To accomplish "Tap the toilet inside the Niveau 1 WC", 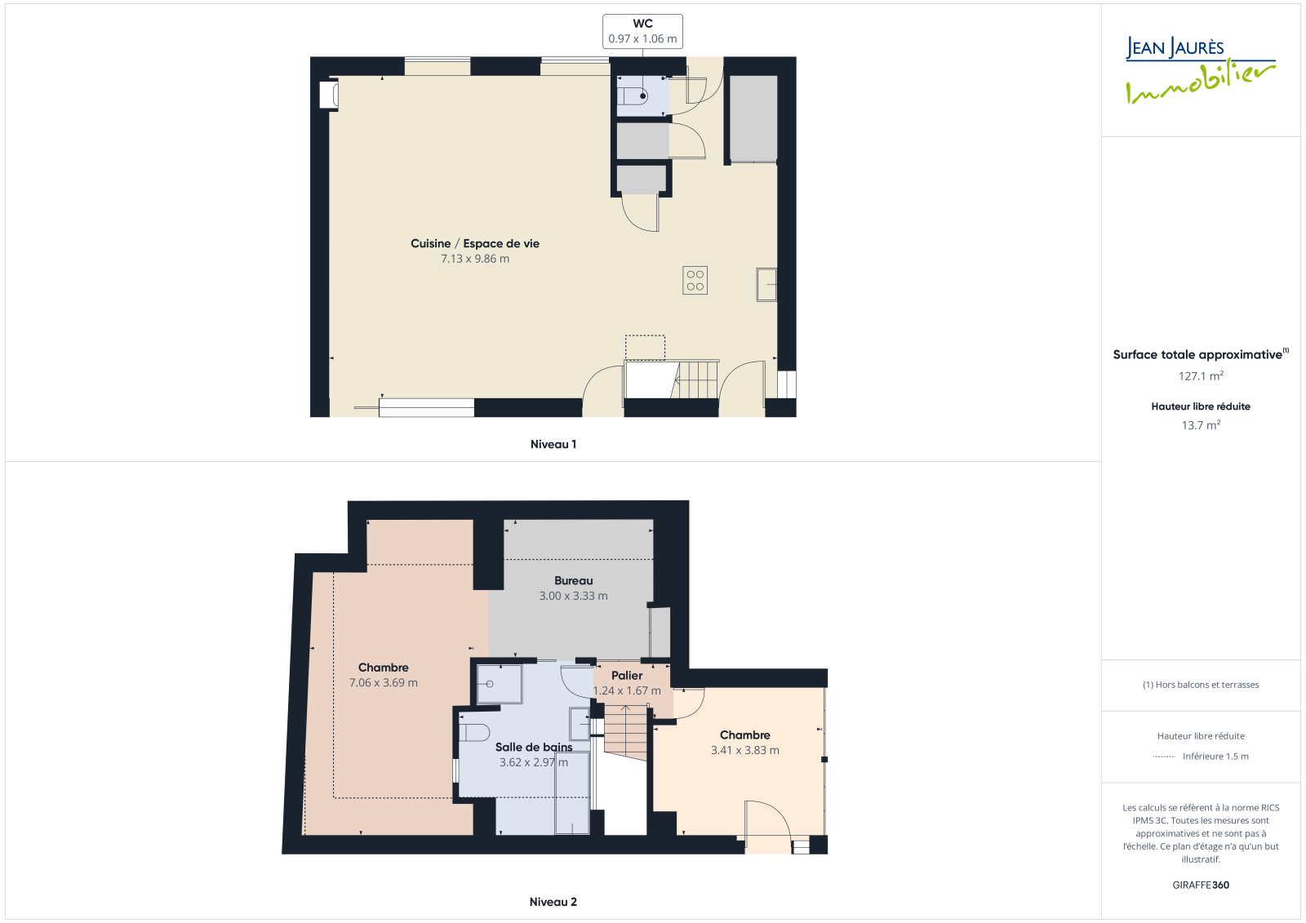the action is click(633, 95).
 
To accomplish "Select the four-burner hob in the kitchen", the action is click(695, 281).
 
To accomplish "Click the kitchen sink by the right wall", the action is click(766, 285).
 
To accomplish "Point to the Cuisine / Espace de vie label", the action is click(474, 244).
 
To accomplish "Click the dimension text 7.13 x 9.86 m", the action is click(474, 259).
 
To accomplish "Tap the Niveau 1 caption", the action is click(553, 444).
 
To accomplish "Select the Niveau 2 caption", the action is click(553, 902).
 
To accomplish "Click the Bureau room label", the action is click(574, 581).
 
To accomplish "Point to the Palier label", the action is click(627, 676).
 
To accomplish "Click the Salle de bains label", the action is click(534, 747).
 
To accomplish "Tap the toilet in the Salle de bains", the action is click(474, 732).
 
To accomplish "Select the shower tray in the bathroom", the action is click(499, 684).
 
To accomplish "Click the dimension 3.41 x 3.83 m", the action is click(744, 751).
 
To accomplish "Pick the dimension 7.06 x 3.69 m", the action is click(383, 683).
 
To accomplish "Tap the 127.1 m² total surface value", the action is click(1201, 376).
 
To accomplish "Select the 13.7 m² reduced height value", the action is click(1201, 425).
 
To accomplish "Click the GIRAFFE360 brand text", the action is click(1201, 885).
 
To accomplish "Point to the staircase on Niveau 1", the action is click(671, 379).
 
